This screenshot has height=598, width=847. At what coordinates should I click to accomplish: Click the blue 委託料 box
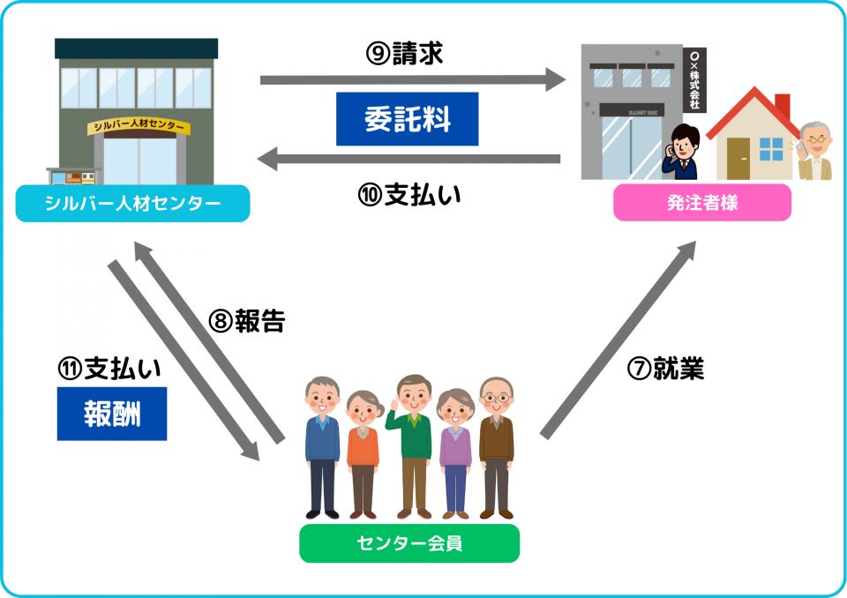click(x=407, y=119)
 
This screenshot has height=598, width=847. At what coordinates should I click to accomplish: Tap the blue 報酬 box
click(x=111, y=414)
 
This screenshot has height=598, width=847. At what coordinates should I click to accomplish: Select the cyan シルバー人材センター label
click(x=132, y=204)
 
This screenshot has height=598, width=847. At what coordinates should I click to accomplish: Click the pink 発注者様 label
click(x=702, y=203)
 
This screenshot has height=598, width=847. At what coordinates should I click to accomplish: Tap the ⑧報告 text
click(x=247, y=321)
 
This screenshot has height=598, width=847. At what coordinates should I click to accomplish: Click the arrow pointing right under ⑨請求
click(x=412, y=81)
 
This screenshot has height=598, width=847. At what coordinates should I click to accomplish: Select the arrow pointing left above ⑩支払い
click(x=409, y=160)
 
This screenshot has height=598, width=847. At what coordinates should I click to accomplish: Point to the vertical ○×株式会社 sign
click(x=694, y=79)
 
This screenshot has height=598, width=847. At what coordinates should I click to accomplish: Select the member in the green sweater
click(x=413, y=441)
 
